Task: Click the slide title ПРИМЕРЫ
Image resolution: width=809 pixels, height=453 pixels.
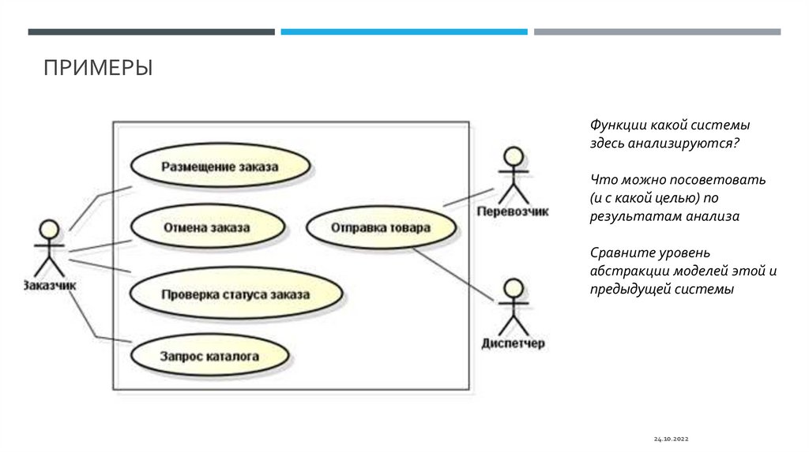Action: (98, 68)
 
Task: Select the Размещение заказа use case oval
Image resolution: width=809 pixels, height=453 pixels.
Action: (220, 167)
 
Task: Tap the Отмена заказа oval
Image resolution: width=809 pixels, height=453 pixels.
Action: (206, 228)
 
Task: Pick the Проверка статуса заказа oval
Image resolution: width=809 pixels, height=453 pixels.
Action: (235, 294)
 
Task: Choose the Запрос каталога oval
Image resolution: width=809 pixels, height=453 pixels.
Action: (209, 356)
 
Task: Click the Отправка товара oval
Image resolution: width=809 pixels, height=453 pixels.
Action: (380, 228)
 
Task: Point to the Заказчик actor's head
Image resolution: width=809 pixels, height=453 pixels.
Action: (49, 229)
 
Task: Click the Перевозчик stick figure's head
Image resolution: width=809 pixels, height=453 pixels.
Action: (514, 155)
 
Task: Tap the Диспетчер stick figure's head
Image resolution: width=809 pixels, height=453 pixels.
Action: (514, 287)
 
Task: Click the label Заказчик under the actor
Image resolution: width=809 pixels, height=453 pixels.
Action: (49, 286)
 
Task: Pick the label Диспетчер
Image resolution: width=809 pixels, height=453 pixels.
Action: (514, 344)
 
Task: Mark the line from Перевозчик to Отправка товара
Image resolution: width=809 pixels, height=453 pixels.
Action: (469, 197)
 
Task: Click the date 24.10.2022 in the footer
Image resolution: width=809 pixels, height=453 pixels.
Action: (672, 437)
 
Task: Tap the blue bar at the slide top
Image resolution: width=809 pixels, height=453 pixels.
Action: (404, 32)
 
